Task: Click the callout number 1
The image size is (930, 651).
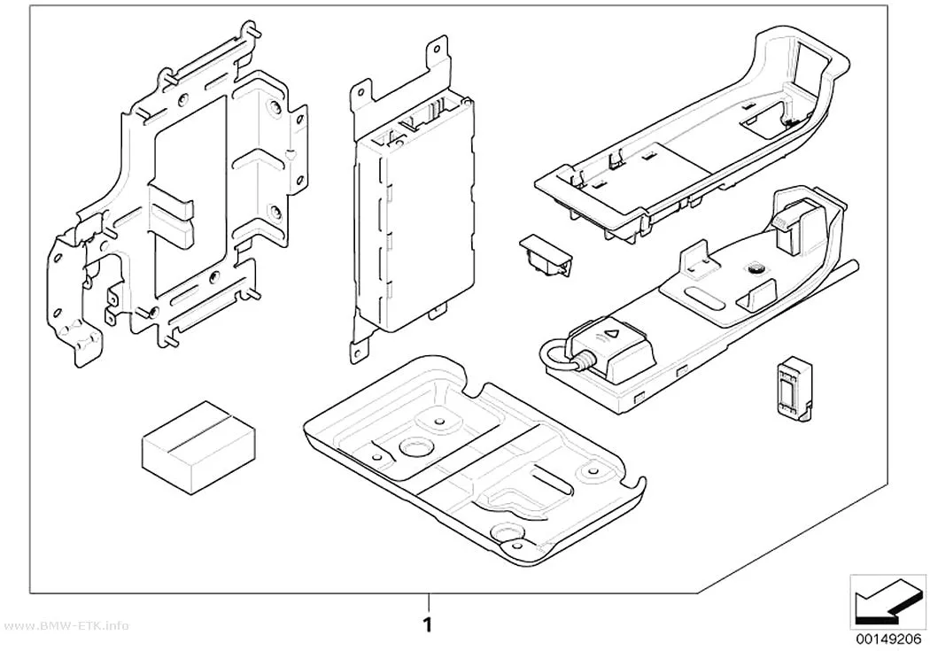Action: [427, 625]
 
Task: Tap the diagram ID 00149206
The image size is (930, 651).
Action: [887, 639]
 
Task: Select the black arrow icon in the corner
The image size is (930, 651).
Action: [887, 608]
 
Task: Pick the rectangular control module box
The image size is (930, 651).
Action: [414, 213]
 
